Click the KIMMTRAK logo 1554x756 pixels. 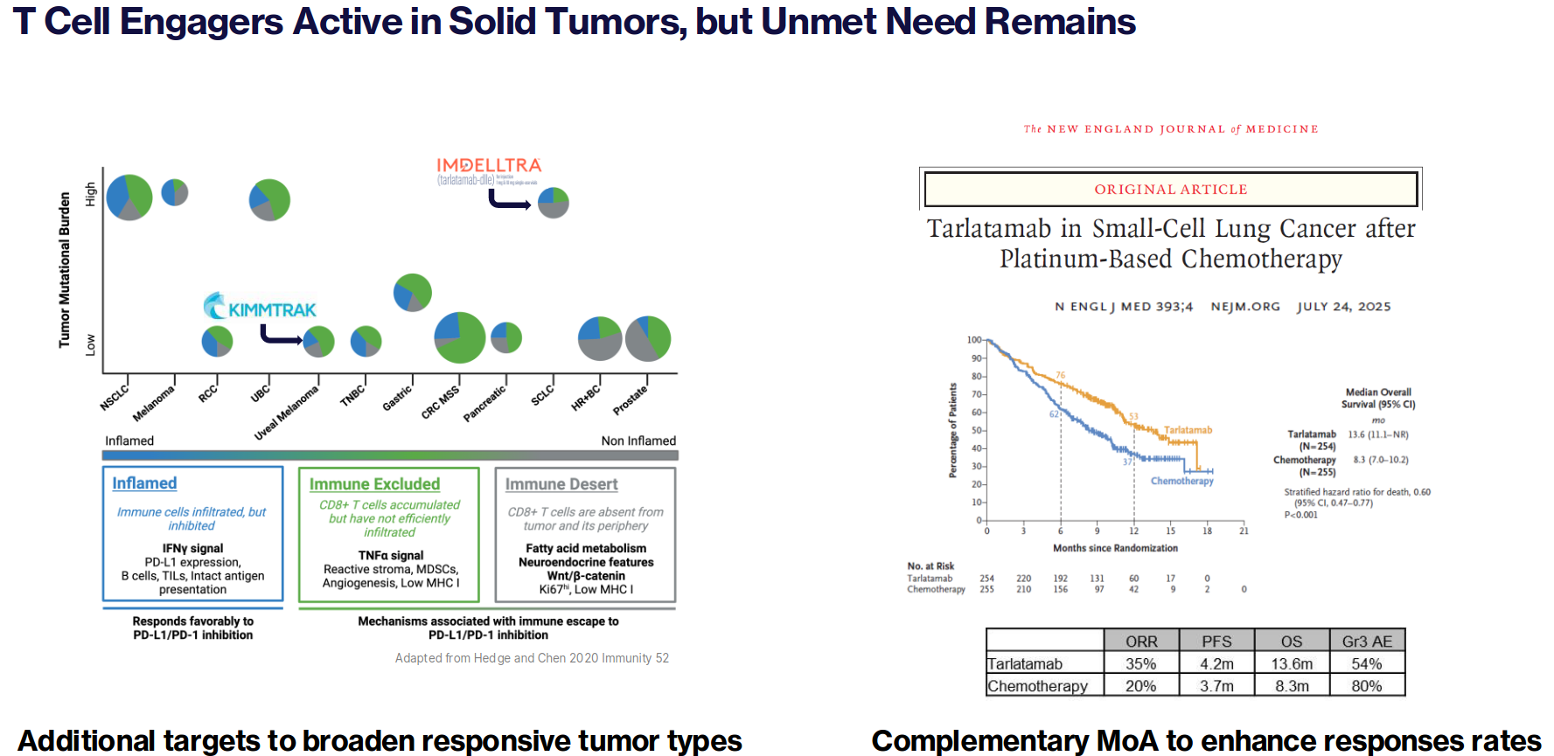[x=261, y=307]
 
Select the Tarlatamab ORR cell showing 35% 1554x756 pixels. [x=1140, y=664]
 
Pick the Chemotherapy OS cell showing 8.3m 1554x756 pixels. [x=1292, y=686]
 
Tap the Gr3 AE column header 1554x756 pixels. [x=1367, y=642]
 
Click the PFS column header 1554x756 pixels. [x=1216, y=642]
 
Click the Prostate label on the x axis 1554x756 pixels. [x=631, y=399]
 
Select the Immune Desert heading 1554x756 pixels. [x=561, y=484]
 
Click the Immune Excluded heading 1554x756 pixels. [x=374, y=484]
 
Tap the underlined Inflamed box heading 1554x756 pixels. [x=144, y=483]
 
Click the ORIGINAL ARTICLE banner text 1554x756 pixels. [x=1171, y=190]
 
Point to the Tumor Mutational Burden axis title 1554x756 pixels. [x=65, y=270]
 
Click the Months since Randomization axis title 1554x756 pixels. [x=1115, y=548]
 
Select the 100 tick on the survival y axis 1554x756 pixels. [x=973, y=340]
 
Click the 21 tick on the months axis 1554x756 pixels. [x=1244, y=531]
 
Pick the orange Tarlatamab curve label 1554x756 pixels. [x=1188, y=430]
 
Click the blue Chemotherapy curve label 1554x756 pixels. [x=1181, y=481]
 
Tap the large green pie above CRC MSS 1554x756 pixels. [x=460, y=337]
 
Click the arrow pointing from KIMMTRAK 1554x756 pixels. [x=280, y=336]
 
